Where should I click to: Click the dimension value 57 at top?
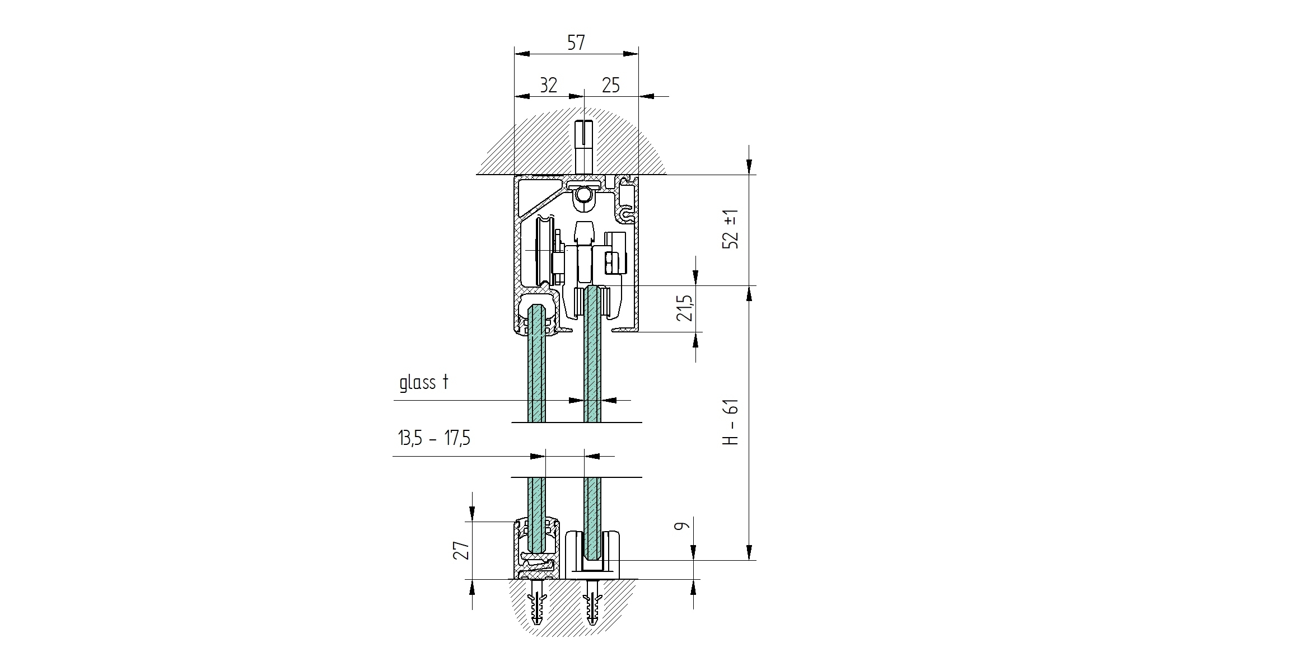click(576, 43)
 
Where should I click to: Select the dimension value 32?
click(548, 86)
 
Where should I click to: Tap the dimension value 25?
click(611, 86)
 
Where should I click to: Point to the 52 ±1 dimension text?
click(731, 230)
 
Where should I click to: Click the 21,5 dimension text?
click(685, 308)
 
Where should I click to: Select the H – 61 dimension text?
click(731, 423)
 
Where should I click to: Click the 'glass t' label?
click(424, 383)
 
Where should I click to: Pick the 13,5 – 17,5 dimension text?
click(435, 438)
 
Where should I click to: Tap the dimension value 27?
click(461, 551)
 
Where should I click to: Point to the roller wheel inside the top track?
click(542, 251)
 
